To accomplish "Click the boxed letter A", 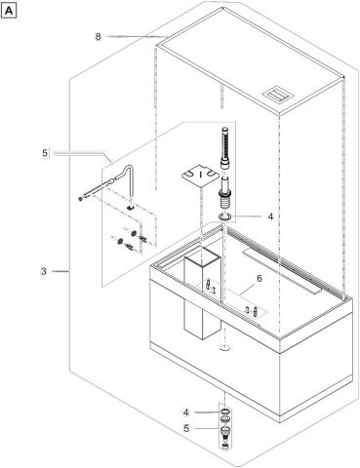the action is (9, 12).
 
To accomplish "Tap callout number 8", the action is (99, 37).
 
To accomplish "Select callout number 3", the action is (44, 271).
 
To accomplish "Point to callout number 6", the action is (260, 279).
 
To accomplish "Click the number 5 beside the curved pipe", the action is (45, 153).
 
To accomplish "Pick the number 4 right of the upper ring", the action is (270, 216).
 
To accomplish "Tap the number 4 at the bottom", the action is (186, 412).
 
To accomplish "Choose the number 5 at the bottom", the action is (186, 428).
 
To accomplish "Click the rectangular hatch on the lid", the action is (278, 95).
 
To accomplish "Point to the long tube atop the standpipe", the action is (223, 147).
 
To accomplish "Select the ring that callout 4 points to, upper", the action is (224, 215).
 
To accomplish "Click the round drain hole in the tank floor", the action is (224, 348).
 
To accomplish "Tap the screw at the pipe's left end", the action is (80, 198).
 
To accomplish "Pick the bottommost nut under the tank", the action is (224, 447).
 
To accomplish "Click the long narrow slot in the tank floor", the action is (281, 271).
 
